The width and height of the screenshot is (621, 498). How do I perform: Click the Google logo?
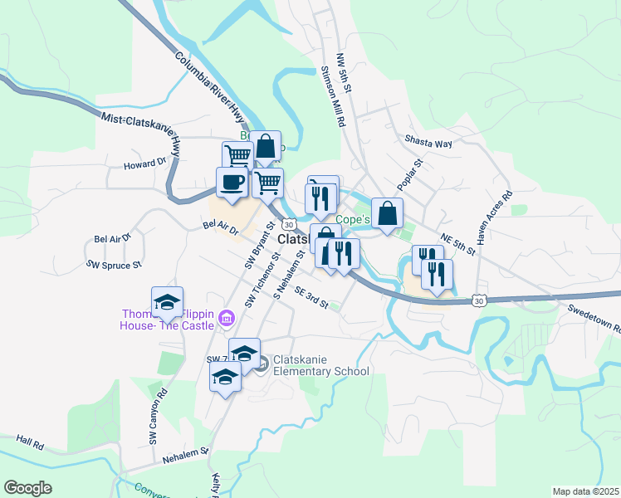(x=27, y=488)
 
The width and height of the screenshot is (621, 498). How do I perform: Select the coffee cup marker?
(x=231, y=183)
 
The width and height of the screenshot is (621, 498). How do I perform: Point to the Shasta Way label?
(x=428, y=143)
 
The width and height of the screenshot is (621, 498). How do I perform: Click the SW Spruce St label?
(x=115, y=264)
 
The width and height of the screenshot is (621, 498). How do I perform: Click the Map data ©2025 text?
(x=584, y=491)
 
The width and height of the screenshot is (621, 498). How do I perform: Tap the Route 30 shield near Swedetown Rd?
(x=479, y=300)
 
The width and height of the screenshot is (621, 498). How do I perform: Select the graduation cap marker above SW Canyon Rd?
(x=167, y=303)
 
